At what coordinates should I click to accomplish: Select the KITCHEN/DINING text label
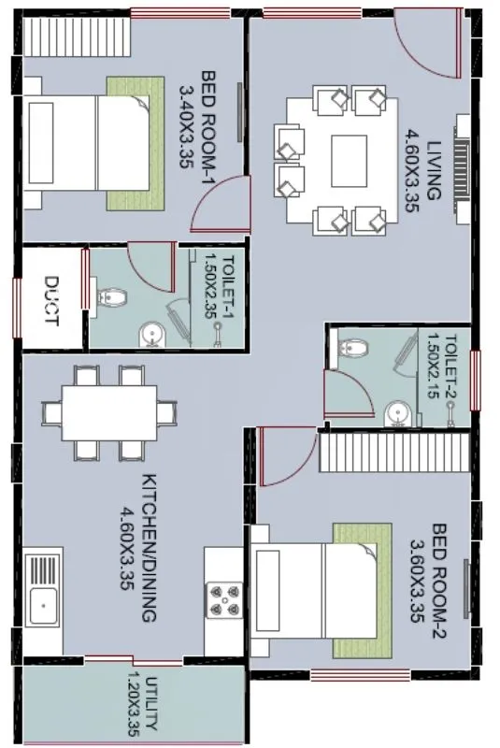[x=149, y=547]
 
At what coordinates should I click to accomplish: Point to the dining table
[x=109, y=412]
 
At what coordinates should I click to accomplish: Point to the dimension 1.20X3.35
[x=131, y=701]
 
